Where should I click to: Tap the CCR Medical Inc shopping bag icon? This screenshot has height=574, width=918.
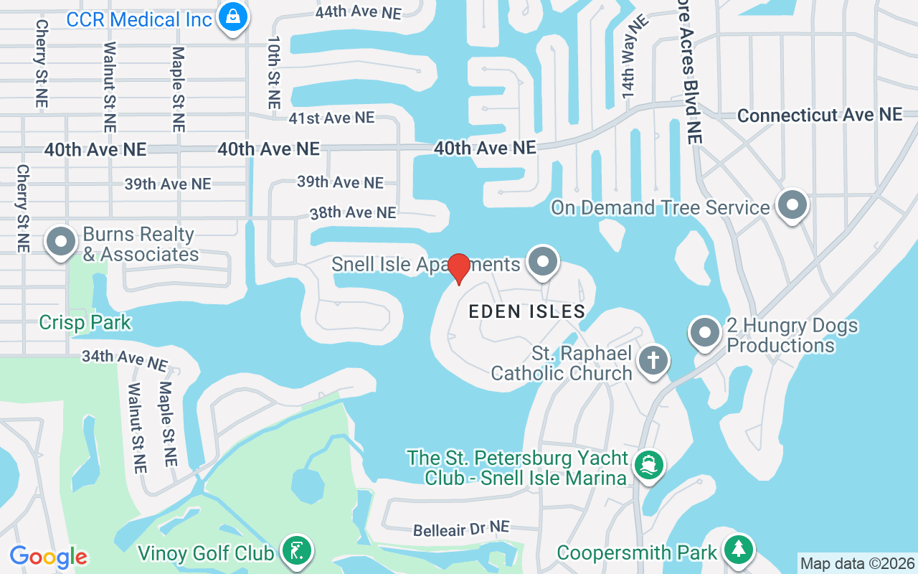233,16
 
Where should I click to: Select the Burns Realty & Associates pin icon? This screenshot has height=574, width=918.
61,242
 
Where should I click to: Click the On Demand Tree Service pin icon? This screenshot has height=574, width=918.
792,204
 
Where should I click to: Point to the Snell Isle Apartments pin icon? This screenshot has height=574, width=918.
543,261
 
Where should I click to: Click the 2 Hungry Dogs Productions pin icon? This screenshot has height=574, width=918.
704,332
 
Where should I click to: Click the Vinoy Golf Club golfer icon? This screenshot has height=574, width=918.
295,551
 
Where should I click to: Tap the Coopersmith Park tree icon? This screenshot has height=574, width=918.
738,550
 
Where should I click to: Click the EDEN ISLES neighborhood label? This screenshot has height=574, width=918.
527,311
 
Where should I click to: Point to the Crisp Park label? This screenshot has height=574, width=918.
85,322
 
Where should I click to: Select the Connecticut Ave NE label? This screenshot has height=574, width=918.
819,115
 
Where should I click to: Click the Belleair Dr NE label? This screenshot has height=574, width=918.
461,529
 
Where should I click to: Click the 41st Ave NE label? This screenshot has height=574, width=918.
331,118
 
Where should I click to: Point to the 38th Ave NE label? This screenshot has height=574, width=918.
352,213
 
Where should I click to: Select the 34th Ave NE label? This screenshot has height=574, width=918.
124,358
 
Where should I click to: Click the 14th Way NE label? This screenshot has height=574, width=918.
634,57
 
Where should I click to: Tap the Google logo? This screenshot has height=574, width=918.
48,557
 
